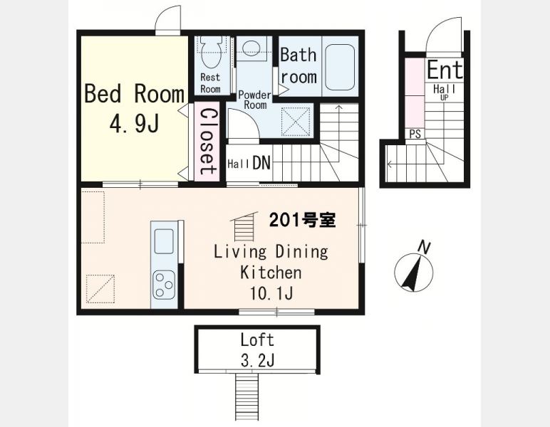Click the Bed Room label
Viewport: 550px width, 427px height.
pos(135,94)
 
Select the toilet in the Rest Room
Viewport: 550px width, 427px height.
pos(210,53)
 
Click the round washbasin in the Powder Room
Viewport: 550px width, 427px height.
pos(251,47)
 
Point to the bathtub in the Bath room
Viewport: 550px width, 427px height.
pos(340,68)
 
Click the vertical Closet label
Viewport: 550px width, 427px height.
pos(207,141)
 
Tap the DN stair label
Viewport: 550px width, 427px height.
pos(261,162)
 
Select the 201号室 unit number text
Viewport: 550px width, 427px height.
pos(302,220)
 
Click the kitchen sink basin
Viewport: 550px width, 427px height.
pos(164,241)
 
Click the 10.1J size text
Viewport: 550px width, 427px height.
pos(271,293)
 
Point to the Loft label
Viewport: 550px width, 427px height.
pos(257,339)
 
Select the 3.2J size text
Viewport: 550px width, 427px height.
pos(257,359)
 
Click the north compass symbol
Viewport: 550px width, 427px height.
pos(413,273)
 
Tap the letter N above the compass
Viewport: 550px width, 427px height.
pos(425,248)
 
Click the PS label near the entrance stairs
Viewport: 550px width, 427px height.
pos(415,134)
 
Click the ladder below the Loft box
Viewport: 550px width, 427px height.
pos(247,396)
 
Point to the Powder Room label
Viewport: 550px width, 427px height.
pos(255,100)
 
